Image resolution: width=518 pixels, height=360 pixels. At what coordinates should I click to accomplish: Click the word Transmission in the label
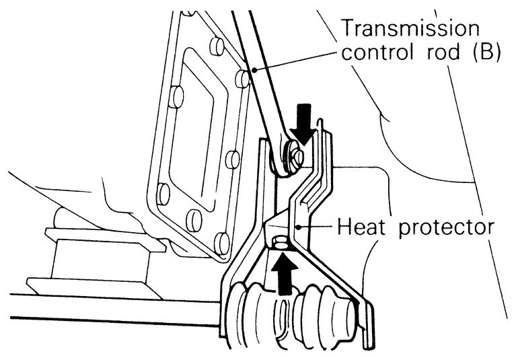(412, 29)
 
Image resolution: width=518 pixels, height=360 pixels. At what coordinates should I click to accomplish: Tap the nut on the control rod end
(295, 157)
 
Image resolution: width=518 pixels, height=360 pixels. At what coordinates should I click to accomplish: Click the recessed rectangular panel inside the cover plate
(195, 135)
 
